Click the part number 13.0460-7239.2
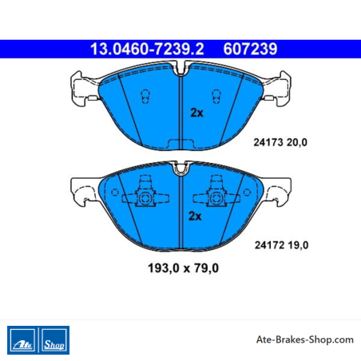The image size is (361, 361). coord(147,49)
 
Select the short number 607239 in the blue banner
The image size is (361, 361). coord(250,49)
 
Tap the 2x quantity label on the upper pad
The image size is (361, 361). coord(196,113)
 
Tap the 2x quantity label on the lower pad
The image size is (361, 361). coord(195,216)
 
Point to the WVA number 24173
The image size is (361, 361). coord(268,142)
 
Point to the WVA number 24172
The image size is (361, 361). coord(270,245)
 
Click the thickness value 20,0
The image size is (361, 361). coord(297,143)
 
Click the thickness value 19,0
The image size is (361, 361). coord(299,245)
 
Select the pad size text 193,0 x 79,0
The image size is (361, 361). coord(183,268)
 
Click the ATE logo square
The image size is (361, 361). coord(22,340)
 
